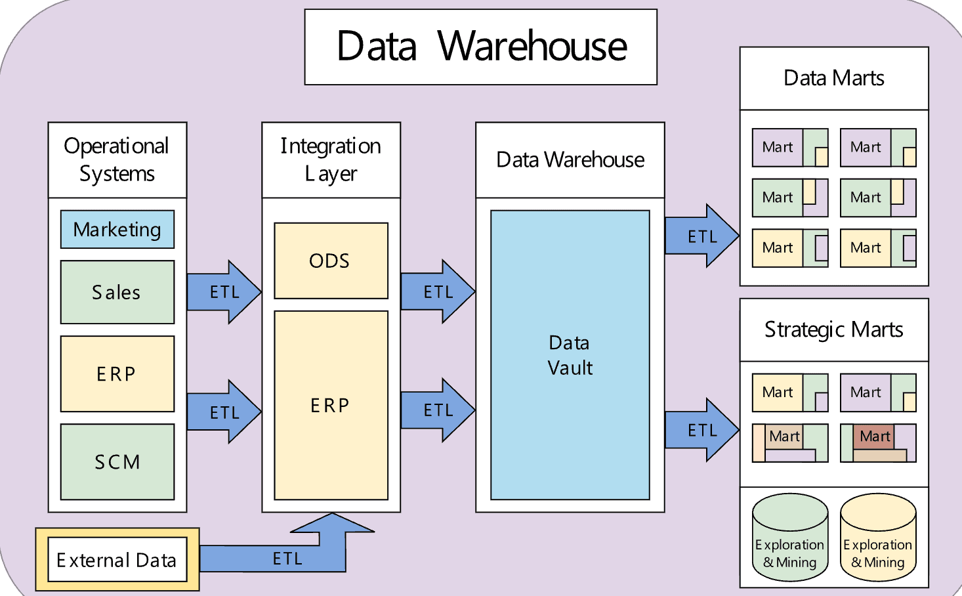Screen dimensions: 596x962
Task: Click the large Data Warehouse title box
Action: click(480, 47)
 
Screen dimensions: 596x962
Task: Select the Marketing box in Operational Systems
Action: click(117, 229)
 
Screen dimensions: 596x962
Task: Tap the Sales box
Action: click(117, 292)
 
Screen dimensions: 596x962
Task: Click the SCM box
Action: click(117, 461)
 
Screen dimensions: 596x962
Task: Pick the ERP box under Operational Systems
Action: click(117, 373)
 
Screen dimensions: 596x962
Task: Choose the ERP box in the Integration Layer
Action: click(331, 405)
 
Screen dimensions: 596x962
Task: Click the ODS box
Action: click(331, 261)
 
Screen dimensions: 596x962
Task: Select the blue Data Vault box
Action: click(570, 355)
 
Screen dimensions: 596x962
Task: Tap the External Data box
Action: click(117, 560)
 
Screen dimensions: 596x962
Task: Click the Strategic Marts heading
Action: click(834, 330)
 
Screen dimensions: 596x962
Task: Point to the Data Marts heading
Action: click(834, 78)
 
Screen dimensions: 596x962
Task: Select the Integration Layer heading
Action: click(331, 160)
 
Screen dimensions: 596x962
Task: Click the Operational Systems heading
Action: click(117, 160)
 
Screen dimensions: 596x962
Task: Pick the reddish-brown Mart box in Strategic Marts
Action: click(874, 436)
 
